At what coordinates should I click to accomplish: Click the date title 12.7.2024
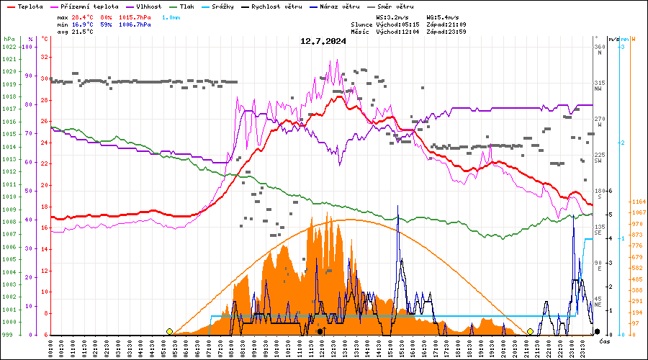[323, 41]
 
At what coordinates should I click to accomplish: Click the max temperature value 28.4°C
[84, 17]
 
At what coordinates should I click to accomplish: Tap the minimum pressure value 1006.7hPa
[135, 24]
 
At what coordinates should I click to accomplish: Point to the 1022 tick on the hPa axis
[9, 47]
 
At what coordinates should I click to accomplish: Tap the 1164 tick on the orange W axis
[636, 202]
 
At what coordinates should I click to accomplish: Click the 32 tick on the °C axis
[45, 57]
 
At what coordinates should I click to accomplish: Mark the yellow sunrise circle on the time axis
[169, 331]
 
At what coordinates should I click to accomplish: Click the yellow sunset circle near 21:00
[530, 331]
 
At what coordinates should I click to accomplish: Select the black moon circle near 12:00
[320, 331]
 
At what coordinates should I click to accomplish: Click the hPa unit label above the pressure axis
[9, 38]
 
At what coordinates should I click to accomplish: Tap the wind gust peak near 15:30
[398, 207]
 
